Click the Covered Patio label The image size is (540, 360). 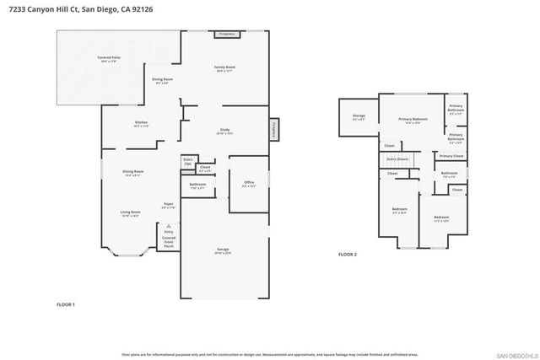point(108,58)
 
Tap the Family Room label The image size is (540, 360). point(224,68)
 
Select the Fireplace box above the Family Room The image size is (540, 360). point(226,35)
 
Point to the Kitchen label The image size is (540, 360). point(141,123)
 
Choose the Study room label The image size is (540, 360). point(224,132)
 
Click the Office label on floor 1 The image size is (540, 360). point(249,183)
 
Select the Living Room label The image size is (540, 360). point(129,212)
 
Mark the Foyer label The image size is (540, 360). point(169,204)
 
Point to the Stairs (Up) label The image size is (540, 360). point(187,160)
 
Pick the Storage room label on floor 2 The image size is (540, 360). point(359,116)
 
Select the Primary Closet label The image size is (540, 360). point(451,156)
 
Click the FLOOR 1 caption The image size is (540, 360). point(66,304)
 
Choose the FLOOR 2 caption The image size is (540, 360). point(348,254)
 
